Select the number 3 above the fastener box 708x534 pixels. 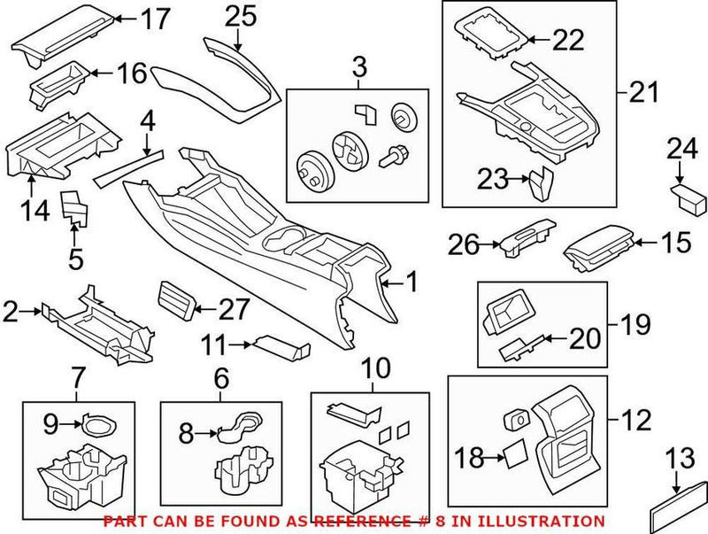pyautogui.click(x=358, y=66)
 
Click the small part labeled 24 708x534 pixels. pyautogui.click(x=683, y=193)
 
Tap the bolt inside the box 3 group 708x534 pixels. pyautogui.click(x=392, y=158)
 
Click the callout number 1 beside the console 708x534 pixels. pyautogui.click(x=411, y=283)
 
